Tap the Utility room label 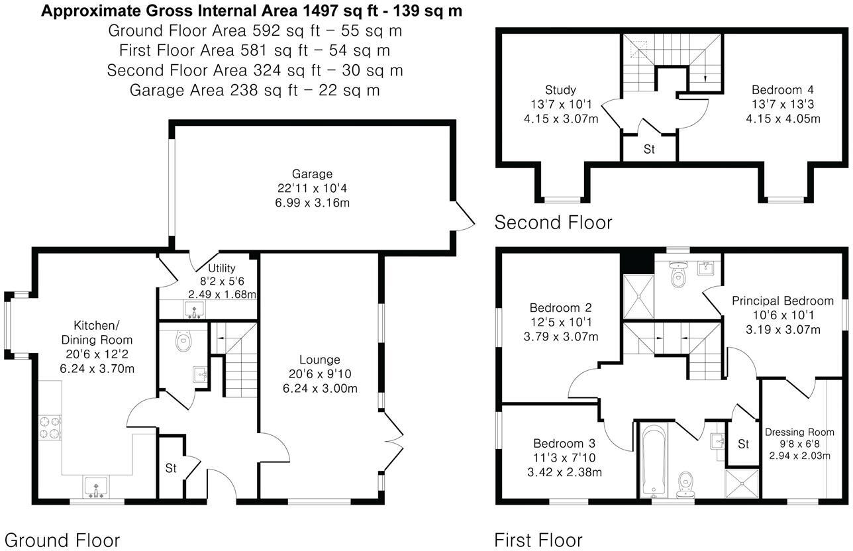click(222, 268)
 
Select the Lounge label click(319, 360)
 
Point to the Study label click(560, 90)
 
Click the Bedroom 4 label click(782, 90)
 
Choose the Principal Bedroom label click(782, 301)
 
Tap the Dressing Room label click(799, 432)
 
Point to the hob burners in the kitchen click(50, 426)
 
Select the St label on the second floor click(649, 150)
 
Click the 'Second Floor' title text click(553, 223)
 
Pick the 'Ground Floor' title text click(62, 540)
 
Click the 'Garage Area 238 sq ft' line click(254, 90)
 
